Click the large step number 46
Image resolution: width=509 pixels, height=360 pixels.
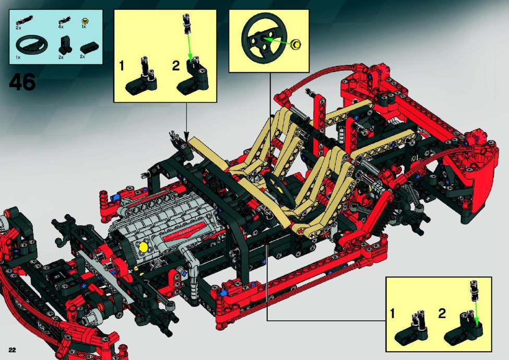pos(22,82)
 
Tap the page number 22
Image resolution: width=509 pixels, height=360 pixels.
pos(13,350)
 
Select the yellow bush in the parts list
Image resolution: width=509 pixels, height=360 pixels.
pos(86,21)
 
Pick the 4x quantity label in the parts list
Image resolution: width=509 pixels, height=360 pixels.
pos(61,27)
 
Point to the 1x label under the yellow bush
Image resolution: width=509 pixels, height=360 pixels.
pos(84,27)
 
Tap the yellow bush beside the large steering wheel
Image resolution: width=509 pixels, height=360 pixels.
pos(295,44)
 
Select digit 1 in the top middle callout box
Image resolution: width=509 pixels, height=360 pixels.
pos(122,66)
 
